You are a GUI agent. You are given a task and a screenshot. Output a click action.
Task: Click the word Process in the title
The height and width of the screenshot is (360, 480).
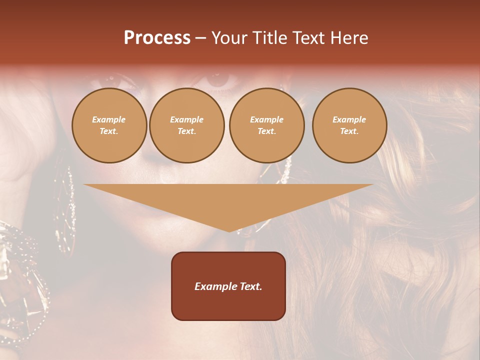157,38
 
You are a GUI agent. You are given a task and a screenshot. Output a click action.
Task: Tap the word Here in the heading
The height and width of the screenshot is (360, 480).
348,38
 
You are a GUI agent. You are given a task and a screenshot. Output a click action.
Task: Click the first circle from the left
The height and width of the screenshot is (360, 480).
109,125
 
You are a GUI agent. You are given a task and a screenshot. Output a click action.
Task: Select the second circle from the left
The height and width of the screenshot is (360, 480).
187,125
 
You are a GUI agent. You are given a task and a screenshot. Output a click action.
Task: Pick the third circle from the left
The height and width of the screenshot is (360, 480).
267,125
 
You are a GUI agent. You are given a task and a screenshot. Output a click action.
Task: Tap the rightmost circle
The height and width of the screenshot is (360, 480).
349,125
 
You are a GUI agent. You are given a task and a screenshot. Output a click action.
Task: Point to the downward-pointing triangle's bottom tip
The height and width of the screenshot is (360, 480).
229,230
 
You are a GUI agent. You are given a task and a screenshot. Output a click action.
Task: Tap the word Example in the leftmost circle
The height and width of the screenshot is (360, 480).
109,119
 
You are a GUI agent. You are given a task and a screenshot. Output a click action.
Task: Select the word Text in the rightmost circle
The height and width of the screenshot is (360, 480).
349,131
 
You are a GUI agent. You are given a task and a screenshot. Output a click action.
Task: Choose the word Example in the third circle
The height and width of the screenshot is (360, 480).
267,119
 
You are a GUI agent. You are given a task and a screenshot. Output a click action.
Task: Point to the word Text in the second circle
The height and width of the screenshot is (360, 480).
187,131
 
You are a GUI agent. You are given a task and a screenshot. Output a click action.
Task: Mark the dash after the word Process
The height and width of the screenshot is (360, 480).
200,38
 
